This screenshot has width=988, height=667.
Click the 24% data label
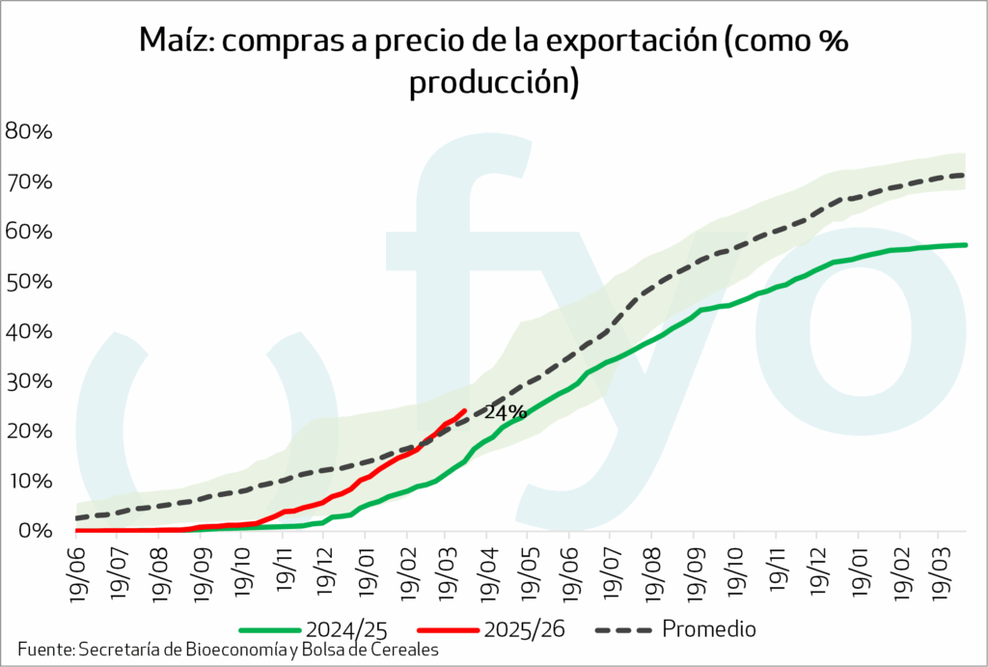505,412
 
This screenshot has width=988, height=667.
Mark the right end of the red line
465,410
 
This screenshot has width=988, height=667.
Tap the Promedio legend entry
708,629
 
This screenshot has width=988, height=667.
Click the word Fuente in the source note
44,650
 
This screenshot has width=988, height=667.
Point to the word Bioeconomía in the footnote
232,650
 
